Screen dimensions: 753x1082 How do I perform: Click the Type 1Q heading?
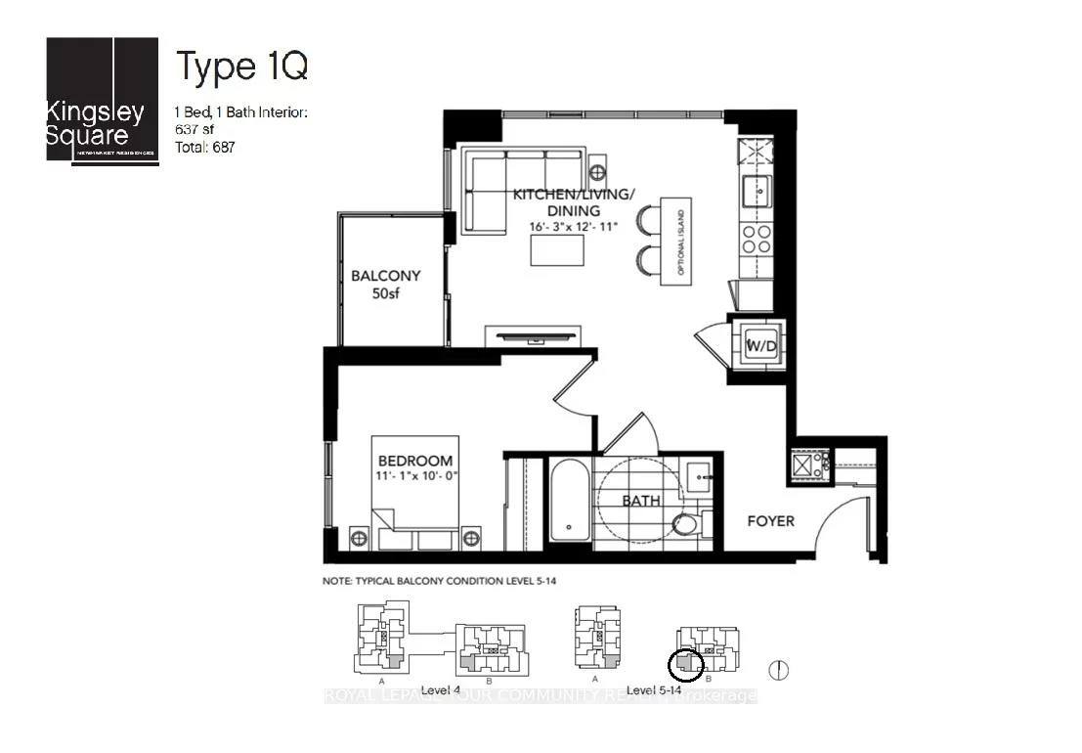pos(241,66)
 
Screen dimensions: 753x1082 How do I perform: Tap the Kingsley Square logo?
pos(102,102)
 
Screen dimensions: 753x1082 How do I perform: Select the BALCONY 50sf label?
pos(385,284)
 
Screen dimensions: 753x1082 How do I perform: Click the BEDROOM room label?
pos(416,461)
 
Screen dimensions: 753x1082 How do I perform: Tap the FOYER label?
pos(771,521)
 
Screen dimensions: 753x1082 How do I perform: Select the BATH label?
pos(641,501)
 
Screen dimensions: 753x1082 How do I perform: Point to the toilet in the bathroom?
pos(687,525)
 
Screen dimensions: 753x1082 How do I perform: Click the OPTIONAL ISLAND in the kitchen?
pos(675,242)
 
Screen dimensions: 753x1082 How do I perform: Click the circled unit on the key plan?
pos(685,665)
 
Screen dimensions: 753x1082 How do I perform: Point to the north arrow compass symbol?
pos(779,671)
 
